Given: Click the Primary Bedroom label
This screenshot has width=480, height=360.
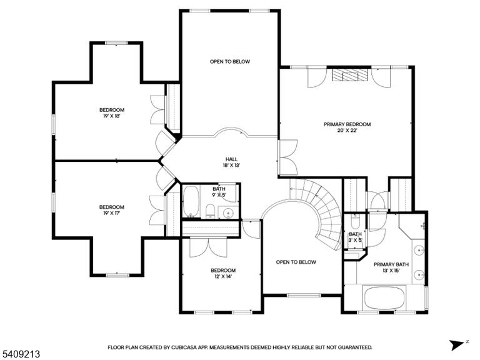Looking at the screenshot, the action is (347, 124).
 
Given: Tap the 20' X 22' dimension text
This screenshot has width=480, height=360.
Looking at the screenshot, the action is (347, 131).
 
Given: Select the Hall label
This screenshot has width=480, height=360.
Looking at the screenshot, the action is (231, 159).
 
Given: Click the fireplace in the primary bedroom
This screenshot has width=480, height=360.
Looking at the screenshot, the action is (349, 75).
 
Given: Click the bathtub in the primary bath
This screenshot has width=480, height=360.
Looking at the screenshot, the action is (384, 299).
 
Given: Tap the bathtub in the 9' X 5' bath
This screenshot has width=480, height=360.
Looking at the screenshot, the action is (191, 201).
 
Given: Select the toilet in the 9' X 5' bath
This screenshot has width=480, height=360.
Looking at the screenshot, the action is (210, 211).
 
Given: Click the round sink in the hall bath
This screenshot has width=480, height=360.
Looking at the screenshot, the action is (228, 212).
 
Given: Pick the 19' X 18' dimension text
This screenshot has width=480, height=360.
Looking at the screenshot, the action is (112, 116).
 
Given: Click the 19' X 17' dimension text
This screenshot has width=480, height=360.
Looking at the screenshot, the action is (111, 213).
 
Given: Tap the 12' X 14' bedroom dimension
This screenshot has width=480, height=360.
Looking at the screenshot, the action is (223, 276).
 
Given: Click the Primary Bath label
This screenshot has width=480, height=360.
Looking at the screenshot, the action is (391, 264).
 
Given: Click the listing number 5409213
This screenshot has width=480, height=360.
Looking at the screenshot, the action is (20, 354).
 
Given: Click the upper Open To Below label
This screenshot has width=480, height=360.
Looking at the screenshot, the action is (230, 61).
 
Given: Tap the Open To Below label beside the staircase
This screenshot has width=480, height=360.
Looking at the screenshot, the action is (296, 262).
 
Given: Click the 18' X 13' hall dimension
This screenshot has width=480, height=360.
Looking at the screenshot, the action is (231, 165).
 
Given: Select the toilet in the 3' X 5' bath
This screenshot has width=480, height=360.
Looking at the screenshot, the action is (355, 222).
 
